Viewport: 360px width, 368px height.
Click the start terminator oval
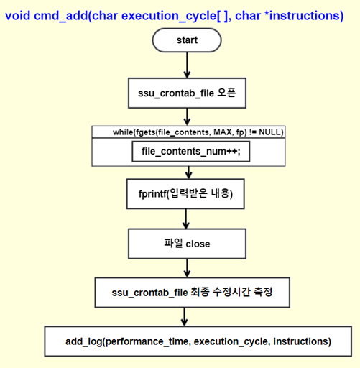(x=187, y=40)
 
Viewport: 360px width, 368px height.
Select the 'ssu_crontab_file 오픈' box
(x=187, y=93)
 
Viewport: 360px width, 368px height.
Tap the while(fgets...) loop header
(x=188, y=132)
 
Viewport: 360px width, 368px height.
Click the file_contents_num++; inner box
(x=191, y=152)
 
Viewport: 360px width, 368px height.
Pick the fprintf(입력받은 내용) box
(x=185, y=194)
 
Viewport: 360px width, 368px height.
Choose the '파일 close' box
(x=187, y=244)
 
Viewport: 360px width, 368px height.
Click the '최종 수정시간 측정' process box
(x=193, y=293)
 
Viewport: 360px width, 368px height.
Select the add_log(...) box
(x=198, y=341)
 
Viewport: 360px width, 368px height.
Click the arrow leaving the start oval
(x=187, y=65)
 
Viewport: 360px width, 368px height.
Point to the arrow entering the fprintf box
(x=189, y=172)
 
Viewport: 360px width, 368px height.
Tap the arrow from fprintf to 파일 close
(x=186, y=218)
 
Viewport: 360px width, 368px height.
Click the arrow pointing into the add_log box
(x=184, y=317)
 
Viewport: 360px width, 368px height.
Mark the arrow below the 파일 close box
(x=187, y=268)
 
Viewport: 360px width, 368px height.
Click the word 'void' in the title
(x=18, y=16)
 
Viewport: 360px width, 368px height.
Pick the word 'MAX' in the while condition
(x=223, y=132)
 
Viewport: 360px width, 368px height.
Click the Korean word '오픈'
(x=226, y=93)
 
